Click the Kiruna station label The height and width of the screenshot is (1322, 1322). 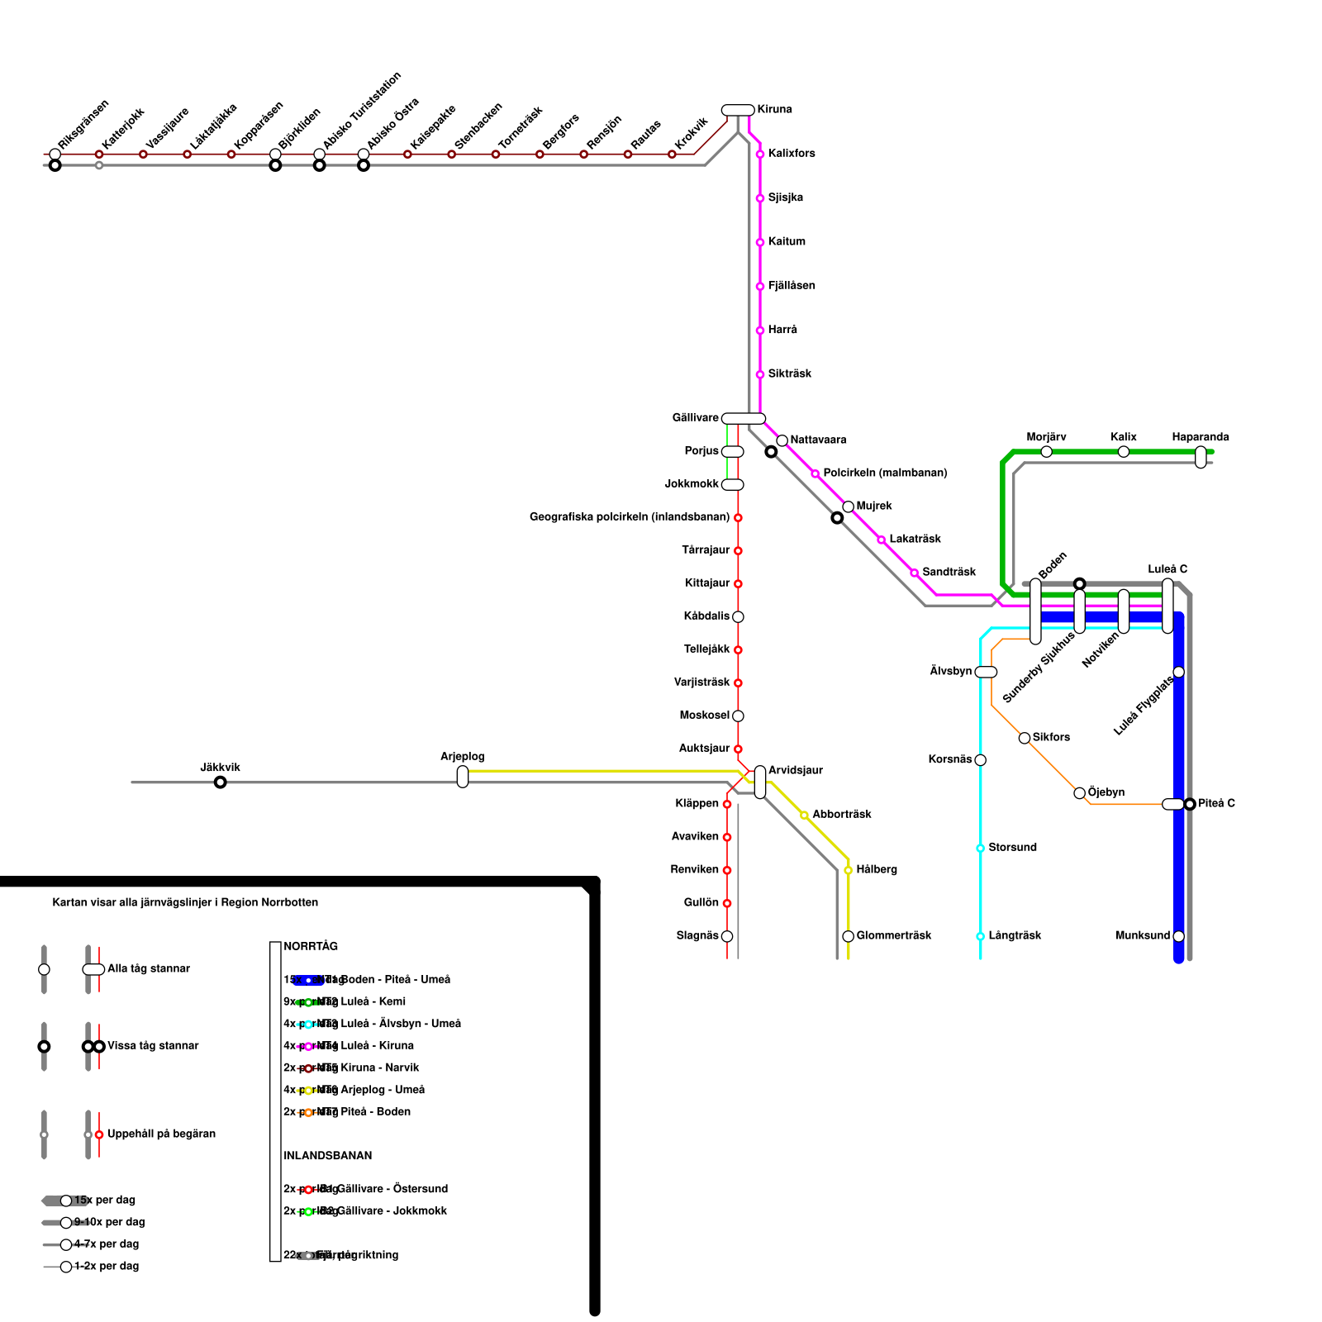[x=774, y=110]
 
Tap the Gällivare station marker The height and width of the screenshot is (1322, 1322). [x=744, y=419]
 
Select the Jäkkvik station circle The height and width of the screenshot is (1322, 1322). [x=221, y=782]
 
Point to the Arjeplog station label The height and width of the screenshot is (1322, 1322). [x=463, y=757]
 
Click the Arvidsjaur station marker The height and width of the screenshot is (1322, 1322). [x=760, y=782]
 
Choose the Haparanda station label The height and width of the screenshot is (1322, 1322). [x=1201, y=437]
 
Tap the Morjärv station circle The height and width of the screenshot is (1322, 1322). [x=1047, y=452]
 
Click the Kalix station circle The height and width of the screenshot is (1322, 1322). [x=1124, y=452]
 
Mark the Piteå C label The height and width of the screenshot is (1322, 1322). [x=1216, y=804]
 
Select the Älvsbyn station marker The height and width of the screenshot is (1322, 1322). [x=986, y=673]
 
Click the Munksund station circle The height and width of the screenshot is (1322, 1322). [x=1179, y=936]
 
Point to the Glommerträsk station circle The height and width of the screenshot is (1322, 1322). [x=849, y=936]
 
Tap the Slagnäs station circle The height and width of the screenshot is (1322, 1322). [x=727, y=936]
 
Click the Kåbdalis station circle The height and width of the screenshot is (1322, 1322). [x=738, y=617]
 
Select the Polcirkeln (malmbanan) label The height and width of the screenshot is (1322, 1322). [x=885, y=473]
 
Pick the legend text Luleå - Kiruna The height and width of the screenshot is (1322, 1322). [x=377, y=1046]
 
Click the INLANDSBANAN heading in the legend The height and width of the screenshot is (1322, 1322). [x=328, y=1156]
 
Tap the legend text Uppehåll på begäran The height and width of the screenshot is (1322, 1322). [x=161, y=1134]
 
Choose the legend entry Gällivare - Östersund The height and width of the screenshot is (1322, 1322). [x=392, y=1189]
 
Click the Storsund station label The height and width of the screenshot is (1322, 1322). [x=1012, y=848]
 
